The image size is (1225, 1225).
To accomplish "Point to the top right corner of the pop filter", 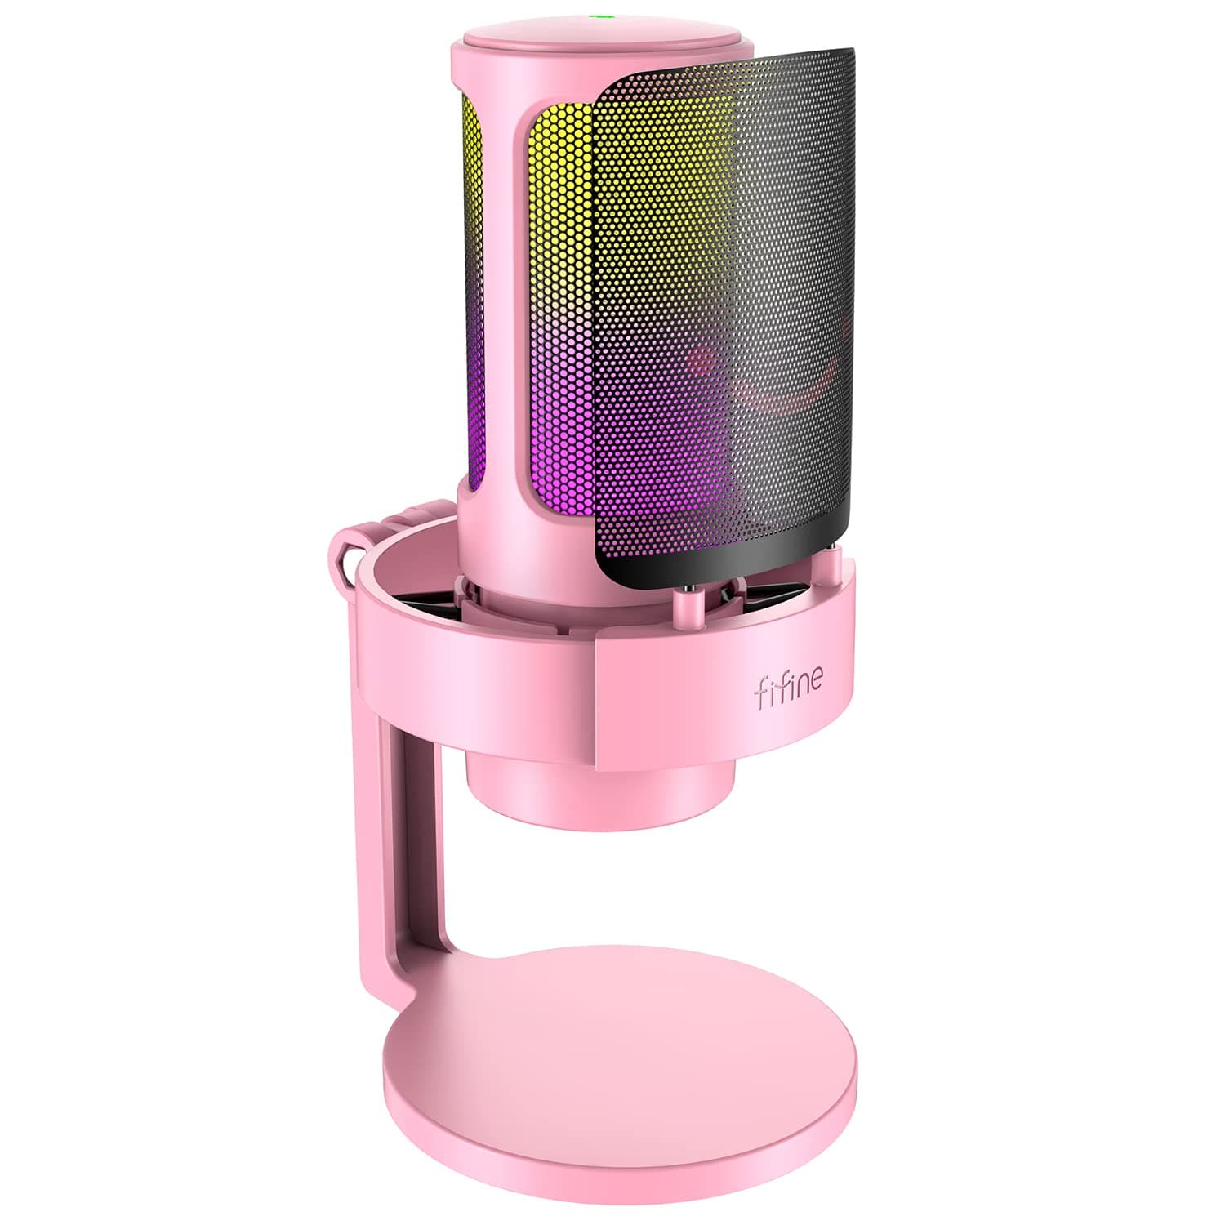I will [x=849, y=57].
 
